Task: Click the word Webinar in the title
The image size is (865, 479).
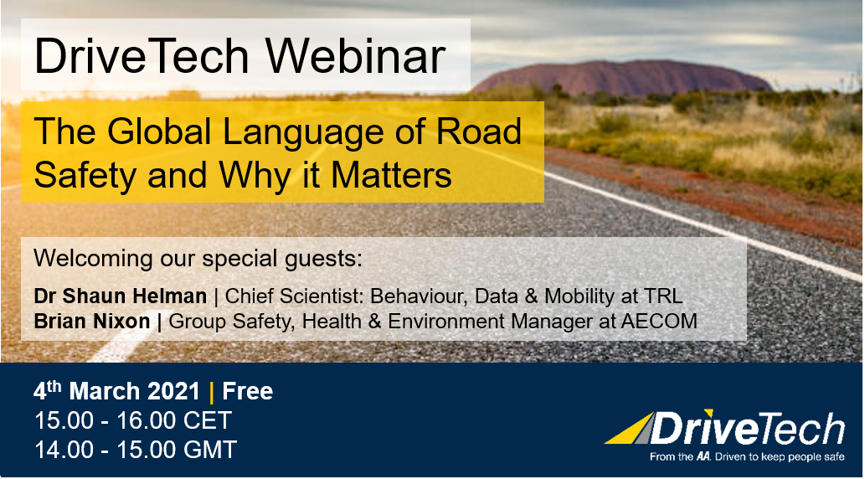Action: click(x=356, y=56)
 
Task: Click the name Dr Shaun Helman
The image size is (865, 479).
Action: click(x=121, y=296)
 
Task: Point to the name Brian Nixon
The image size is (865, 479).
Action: click(x=92, y=321)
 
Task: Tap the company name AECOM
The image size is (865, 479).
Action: click(x=659, y=321)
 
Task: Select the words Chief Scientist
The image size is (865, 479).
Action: click(x=294, y=296)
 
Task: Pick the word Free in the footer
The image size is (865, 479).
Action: click(x=248, y=391)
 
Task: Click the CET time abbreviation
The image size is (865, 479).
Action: click(x=208, y=420)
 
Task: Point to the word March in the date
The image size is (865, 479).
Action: click(x=105, y=391)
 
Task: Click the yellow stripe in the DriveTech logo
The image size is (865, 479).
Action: click(x=629, y=430)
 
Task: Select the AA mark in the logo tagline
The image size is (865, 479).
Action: click(x=703, y=457)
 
